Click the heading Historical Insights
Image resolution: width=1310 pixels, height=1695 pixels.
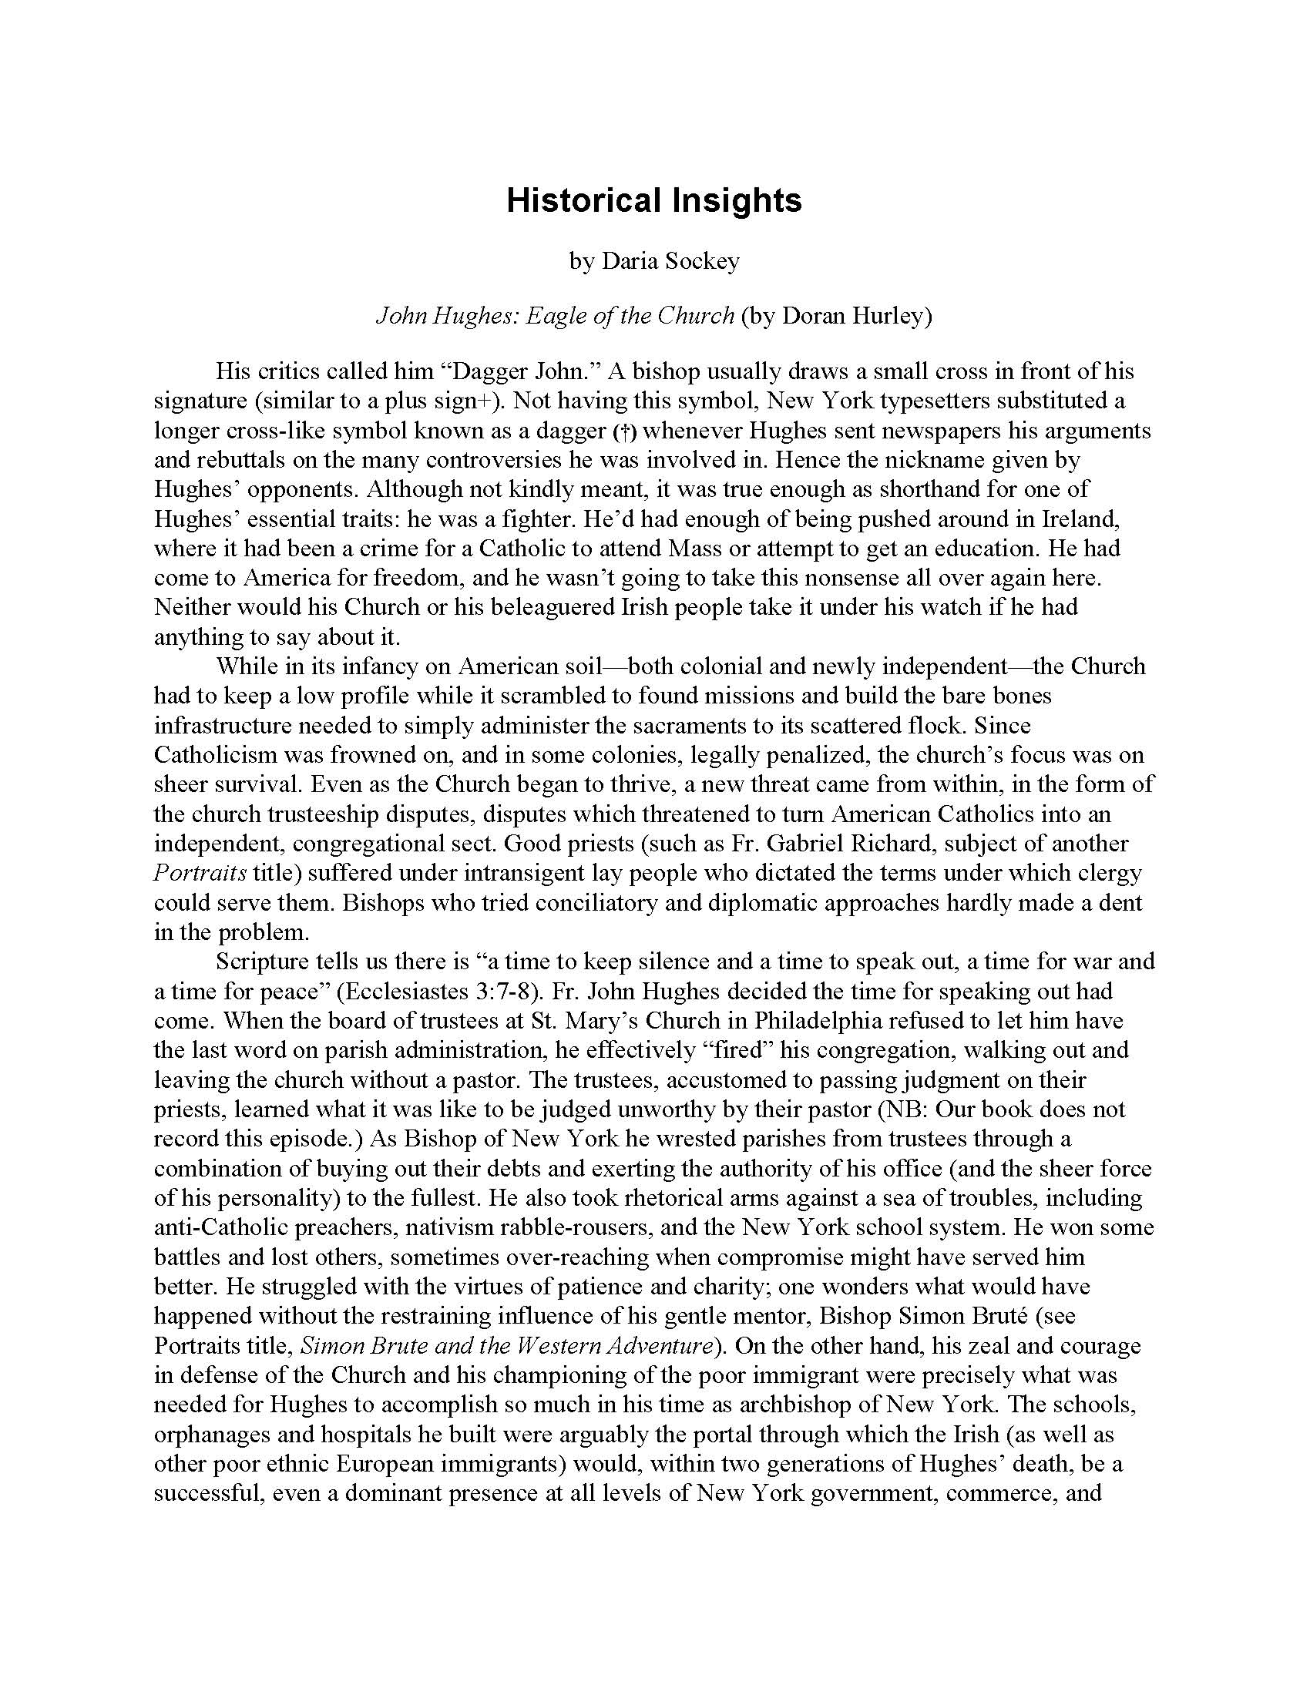[653, 200]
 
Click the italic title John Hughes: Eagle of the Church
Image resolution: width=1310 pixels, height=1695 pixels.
[555, 316]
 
